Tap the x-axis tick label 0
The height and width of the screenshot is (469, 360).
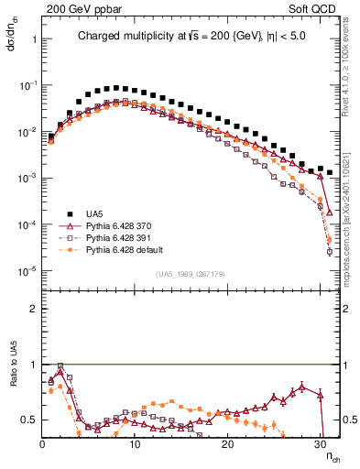(x=42, y=444)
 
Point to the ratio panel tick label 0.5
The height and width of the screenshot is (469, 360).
(x=29, y=420)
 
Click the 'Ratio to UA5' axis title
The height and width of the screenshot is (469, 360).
(x=13, y=384)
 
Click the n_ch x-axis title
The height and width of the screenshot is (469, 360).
(x=332, y=456)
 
